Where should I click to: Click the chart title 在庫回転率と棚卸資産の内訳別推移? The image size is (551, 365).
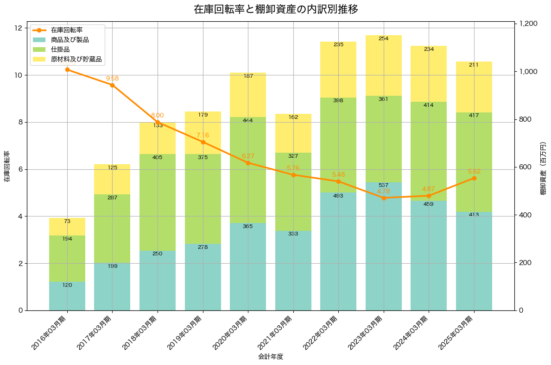(275, 9)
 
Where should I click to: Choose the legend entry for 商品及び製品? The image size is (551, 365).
(70, 40)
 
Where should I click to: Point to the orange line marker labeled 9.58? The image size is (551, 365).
(112, 85)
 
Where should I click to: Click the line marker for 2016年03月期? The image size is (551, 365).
(67, 70)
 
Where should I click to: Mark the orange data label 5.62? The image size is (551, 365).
(474, 172)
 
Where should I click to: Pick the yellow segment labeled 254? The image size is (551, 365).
(383, 65)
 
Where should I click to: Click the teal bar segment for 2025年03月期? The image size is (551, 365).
(474, 261)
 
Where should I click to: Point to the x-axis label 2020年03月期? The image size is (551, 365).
(232, 332)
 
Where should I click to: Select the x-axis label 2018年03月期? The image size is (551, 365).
(141, 332)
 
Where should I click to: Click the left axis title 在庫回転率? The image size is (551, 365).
(7, 167)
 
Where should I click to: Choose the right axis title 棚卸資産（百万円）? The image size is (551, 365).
(544, 167)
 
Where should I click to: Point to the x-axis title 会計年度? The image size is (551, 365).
(271, 357)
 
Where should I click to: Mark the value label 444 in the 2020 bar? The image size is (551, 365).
(248, 120)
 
